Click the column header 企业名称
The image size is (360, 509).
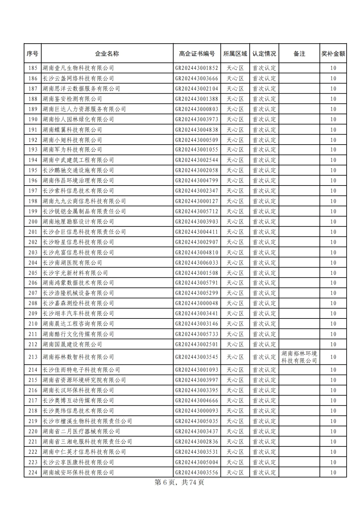(x=107, y=54)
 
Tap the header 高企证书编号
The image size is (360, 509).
(x=197, y=54)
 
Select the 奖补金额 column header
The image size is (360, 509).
(x=333, y=54)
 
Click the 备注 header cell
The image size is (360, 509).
(x=299, y=54)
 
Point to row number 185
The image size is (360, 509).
(x=33, y=68)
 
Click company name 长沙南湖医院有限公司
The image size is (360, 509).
(x=72, y=263)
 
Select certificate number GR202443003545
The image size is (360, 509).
(x=197, y=357)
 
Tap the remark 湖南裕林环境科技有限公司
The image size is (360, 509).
(x=299, y=357)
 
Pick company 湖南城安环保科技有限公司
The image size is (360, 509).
(x=78, y=472)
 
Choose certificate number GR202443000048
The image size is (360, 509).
(x=197, y=303)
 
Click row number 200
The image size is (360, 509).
(x=33, y=222)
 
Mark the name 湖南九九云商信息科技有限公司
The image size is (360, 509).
(x=84, y=201)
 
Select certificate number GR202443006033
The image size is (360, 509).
(x=197, y=263)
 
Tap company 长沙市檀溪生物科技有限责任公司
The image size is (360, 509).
(x=87, y=421)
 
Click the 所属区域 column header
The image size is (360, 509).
(x=235, y=54)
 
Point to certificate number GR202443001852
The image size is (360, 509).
(x=197, y=68)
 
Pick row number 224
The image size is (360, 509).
(x=33, y=472)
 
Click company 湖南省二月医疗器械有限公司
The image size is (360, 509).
(x=81, y=431)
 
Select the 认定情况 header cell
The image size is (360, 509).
(x=264, y=54)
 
